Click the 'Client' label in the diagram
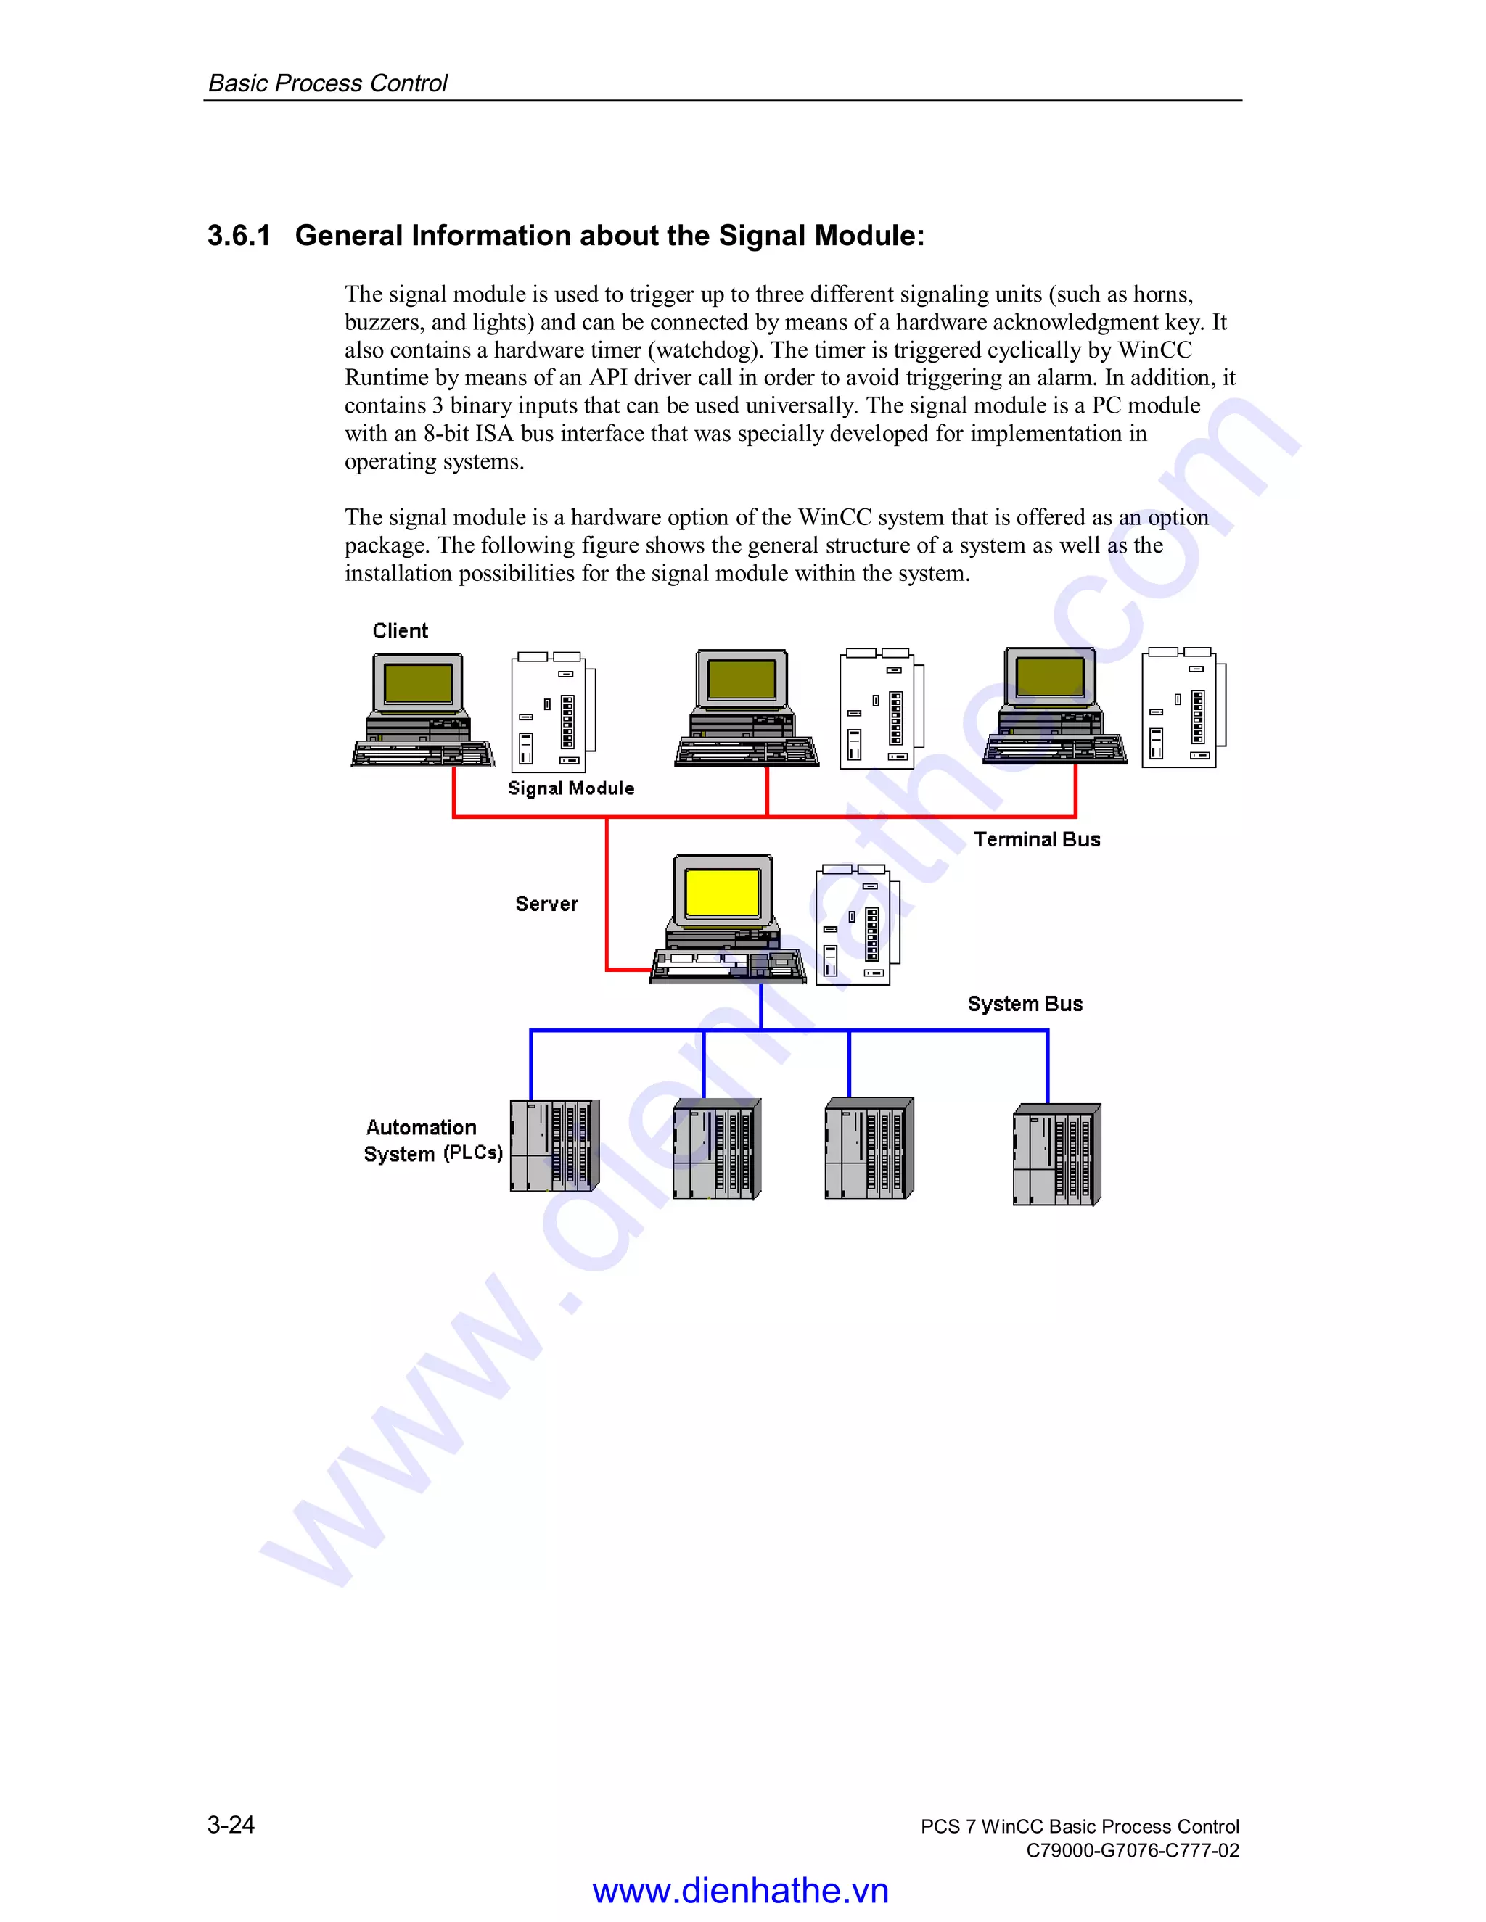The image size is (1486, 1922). click(x=400, y=631)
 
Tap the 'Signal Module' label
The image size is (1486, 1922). click(x=570, y=788)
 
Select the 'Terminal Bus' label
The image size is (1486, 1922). click(x=1036, y=840)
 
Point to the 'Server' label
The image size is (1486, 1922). click(x=546, y=904)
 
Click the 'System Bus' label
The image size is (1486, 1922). click(x=1025, y=1004)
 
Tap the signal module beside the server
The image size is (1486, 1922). click(x=855, y=925)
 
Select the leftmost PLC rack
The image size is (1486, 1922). click(x=554, y=1145)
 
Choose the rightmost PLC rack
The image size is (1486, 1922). click(x=1056, y=1155)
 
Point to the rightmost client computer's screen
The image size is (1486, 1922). click(x=1049, y=677)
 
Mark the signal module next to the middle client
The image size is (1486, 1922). click(x=880, y=709)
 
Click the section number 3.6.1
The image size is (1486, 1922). click(x=239, y=236)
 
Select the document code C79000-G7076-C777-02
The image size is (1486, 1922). click(x=1132, y=1850)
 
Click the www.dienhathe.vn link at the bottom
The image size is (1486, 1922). click(x=740, y=1890)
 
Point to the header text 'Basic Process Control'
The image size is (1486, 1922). click(x=327, y=83)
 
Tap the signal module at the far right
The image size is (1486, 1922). click(x=1182, y=709)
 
